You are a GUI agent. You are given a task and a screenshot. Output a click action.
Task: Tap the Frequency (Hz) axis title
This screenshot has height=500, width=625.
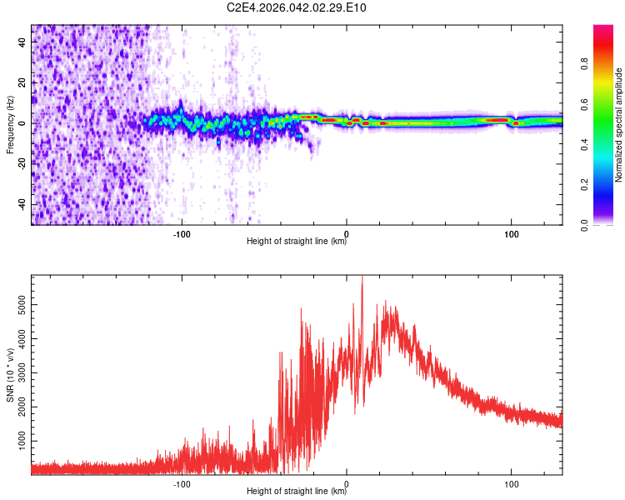[x=10, y=125]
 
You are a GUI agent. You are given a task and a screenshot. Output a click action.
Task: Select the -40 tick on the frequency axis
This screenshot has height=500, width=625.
[x=22, y=204]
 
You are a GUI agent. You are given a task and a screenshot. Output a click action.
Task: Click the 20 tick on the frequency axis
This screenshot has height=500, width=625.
[x=23, y=82]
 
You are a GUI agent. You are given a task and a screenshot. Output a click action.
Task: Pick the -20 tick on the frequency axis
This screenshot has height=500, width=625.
[x=22, y=163]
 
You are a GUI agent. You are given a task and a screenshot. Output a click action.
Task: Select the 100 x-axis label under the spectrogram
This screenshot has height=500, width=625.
[x=511, y=232]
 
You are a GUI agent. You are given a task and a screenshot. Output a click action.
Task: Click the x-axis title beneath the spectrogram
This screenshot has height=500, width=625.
[x=297, y=242]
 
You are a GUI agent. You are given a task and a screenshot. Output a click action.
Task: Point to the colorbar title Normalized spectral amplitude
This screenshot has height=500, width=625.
[x=619, y=125]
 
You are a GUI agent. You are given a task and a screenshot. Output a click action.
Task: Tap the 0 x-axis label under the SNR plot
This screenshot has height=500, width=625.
[x=347, y=482]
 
